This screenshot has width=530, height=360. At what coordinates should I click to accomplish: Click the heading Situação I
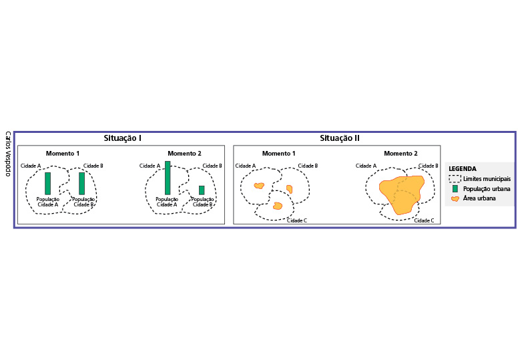click(x=121, y=138)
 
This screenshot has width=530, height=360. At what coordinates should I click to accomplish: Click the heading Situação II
click(x=340, y=138)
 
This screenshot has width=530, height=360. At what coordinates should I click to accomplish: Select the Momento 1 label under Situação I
click(x=63, y=154)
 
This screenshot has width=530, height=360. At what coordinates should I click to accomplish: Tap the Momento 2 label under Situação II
click(x=401, y=154)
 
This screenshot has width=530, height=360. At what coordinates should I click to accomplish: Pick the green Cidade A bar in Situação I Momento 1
click(x=47, y=183)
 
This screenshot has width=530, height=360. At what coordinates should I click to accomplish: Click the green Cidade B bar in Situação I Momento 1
click(x=82, y=183)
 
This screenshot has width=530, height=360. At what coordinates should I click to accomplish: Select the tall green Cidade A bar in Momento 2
click(x=168, y=178)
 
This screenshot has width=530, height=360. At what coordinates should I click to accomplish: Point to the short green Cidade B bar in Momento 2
click(x=202, y=190)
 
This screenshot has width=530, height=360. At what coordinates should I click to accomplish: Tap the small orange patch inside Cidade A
click(x=259, y=186)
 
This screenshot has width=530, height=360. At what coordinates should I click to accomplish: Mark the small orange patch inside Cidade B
click(x=289, y=189)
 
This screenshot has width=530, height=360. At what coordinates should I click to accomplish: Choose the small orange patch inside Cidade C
click(x=278, y=206)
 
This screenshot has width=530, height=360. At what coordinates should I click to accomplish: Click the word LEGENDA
click(x=463, y=169)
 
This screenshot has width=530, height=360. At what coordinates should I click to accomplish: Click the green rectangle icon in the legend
click(x=455, y=188)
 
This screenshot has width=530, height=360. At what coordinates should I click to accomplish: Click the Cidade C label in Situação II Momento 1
click(x=296, y=220)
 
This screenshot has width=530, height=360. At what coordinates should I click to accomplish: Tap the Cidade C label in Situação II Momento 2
click(x=423, y=220)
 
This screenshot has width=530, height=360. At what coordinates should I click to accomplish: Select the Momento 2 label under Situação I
click(x=184, y=154)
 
